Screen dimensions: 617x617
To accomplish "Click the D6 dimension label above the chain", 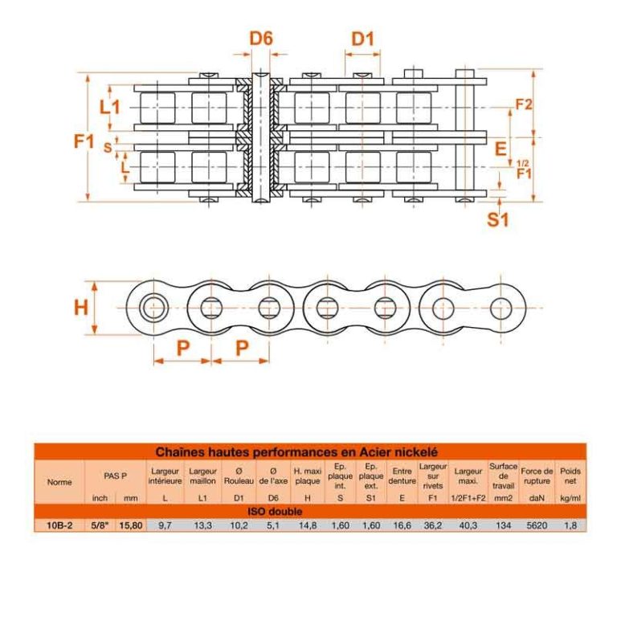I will (x=261, y=38).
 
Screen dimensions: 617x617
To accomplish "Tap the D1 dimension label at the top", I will (x=363, y=38).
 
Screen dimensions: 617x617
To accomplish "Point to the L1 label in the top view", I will (x=109, y=106).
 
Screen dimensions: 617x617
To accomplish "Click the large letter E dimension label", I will (x=501, y=148).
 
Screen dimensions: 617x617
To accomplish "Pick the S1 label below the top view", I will (x=498, y=219).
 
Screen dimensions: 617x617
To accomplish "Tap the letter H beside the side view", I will (x=80, y=308).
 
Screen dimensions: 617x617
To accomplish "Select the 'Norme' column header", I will (x=59, y=482).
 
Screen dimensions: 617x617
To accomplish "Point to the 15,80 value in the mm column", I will (x=131, y=525).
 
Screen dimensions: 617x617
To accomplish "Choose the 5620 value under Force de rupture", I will (x=537, y=525).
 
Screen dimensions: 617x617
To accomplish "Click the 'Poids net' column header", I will (x=570, y=476).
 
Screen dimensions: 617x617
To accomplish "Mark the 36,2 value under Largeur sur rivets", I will (x=433, y=525).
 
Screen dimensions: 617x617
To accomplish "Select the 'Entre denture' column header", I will (x=402, y=476).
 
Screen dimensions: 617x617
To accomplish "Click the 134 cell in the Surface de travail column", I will (x=503, y=525).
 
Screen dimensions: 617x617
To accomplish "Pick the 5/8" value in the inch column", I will (x=100, y=525).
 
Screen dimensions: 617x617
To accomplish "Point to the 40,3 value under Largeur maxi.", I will (x=468, y=525).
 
